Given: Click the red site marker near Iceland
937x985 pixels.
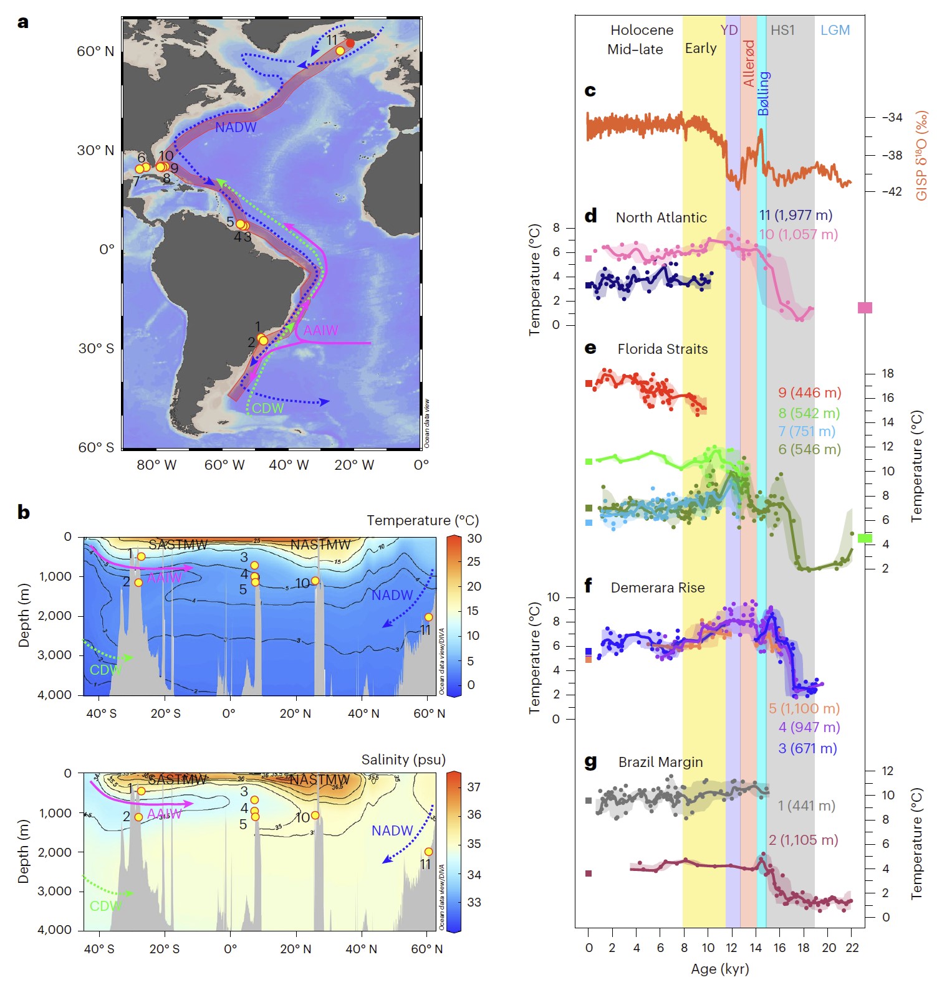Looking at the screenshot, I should (x=350, y=43).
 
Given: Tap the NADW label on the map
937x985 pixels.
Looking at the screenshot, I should (x=236, y=128).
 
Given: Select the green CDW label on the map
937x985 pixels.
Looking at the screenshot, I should (x=268, y=408).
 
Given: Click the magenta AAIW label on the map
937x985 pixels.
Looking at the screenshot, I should (x=320, y=330).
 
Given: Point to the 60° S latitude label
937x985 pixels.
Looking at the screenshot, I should (x=96, y=447).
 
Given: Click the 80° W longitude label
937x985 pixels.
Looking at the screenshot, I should (x=156, y=465).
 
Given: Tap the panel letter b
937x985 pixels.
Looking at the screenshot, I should (x=24, y=512).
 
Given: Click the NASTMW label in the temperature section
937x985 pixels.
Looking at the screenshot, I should (x=320, y=545).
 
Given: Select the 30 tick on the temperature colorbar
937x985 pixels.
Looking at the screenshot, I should (x=474, y=538).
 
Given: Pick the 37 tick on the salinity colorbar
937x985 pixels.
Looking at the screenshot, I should (x=474, y=787).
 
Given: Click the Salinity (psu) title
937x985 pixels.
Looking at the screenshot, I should (x=403, y=759).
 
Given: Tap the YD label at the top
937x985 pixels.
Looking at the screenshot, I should (x=729, y=30).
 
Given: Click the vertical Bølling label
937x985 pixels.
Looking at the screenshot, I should (x=764, y=93).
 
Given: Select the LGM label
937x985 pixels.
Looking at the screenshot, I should (x=835, y=30).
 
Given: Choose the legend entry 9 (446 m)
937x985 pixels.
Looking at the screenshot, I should (x=809, y=393).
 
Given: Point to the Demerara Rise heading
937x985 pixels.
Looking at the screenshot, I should (x=658, y=588).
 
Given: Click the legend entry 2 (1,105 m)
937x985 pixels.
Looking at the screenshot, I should (x=803, y=840).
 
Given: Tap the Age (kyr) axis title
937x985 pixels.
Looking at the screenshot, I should (x=719, y=969).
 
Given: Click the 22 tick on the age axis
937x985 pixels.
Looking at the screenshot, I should (x=852, y=948).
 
